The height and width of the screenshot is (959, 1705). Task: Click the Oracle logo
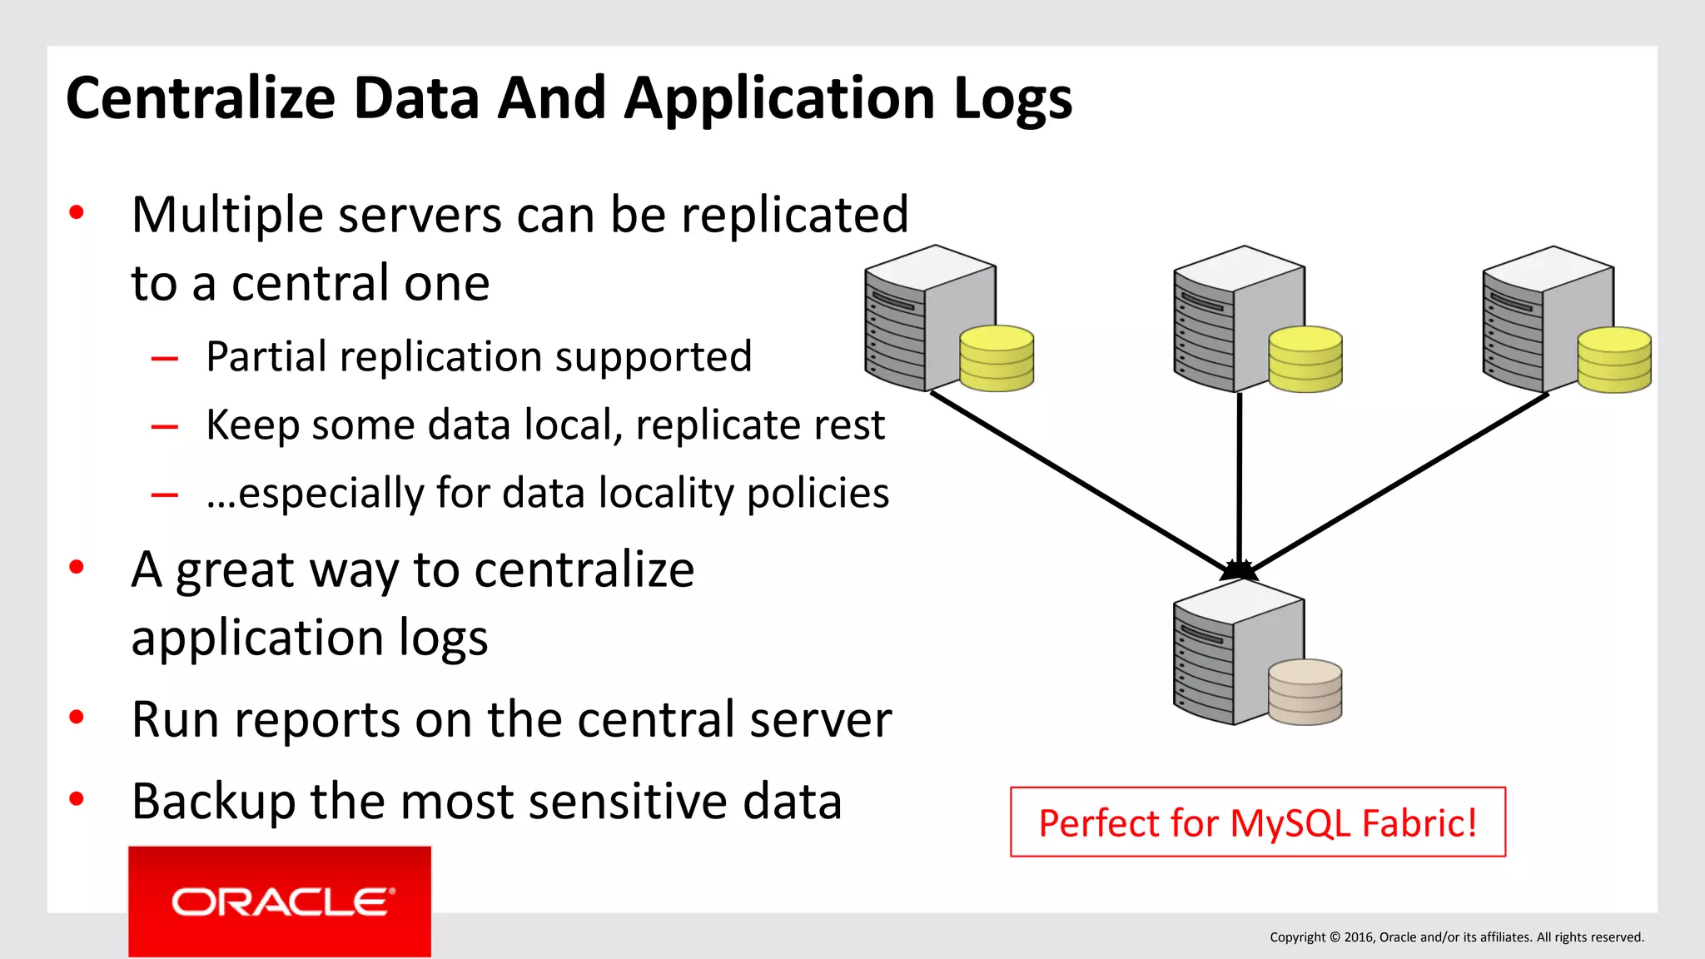(x=280, y=902)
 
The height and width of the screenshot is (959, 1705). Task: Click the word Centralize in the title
(x=200, y=98)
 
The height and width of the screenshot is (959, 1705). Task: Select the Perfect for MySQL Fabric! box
(x=1257, y=822)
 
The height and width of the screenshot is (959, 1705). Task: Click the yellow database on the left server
(x=996, y=358)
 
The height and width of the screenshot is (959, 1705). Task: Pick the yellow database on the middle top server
(x=1305, y=359)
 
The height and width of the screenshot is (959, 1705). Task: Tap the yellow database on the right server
(x=1613, y=360)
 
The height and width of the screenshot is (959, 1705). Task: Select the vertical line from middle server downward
(x=1240, y=475)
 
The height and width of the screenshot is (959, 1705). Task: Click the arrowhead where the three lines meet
(x=1239, y=570)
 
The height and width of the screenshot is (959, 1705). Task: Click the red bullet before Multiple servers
(x=77, y=213)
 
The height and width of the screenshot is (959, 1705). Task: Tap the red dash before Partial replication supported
(x=165, y=360)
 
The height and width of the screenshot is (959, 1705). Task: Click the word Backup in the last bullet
(x=213, y=802)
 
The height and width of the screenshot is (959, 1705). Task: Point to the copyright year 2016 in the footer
(x=1359, y=937)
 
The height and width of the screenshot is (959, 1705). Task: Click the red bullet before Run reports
(x=77, y=718)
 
